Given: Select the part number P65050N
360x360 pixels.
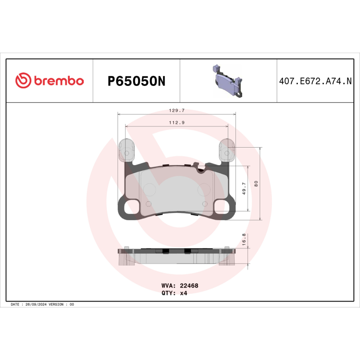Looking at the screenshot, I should (137, 81).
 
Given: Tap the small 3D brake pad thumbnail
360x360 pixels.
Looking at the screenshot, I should (228, 81).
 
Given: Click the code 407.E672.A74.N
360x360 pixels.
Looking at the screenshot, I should (315, 81).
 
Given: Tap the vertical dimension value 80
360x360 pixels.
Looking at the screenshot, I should (256, 184).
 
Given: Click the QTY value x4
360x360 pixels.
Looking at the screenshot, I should (184, 292).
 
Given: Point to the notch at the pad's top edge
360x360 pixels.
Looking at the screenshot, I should (202, 169).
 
